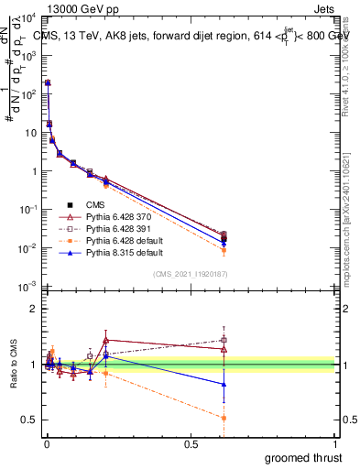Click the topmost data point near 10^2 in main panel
(48, 82)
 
